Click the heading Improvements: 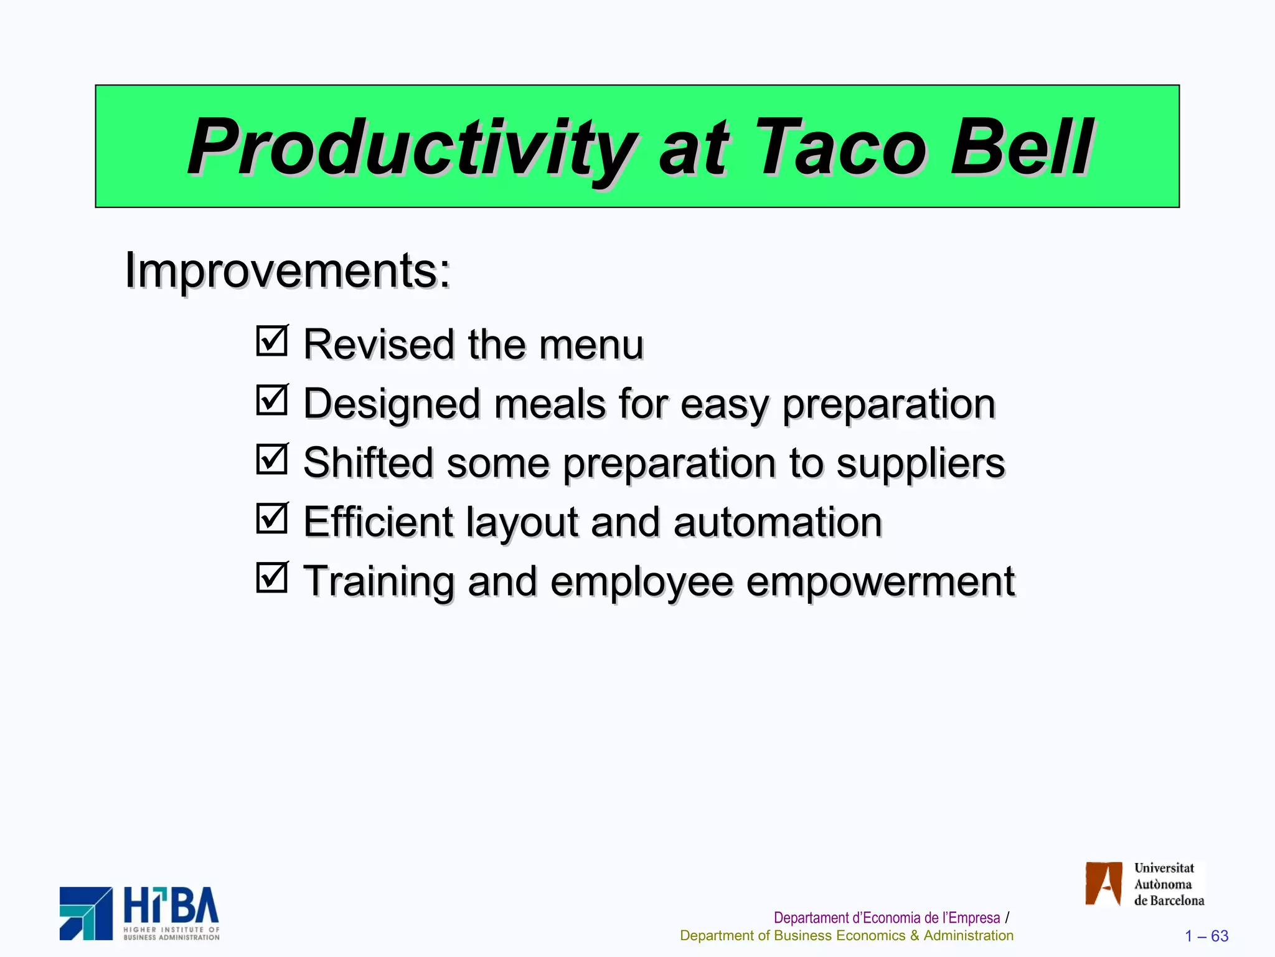pyautogui.click(x=288, y=270)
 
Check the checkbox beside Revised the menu pyautogui.click(x=272, y=341)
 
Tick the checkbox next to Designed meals pyautogui.click(x=272, y=400)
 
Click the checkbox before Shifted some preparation pyautogui.click(x=272, y=459)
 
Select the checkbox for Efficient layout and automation pyautogui.click(x=272, y=518)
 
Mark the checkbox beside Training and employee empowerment pyautogui.click(x=272, y=578)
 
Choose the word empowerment pyautogui.click(x=880, y=582)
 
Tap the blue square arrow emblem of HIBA pyautogui.click(x=86, y=913)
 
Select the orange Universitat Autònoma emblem pyautogui.click(x=1103, y=883)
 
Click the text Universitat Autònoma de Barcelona pyautogui.click(x=1168, y=884)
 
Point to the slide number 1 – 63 pyautogui.click(x=1206, y=936)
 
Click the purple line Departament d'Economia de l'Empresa pyautogui.click(x=887, y=918)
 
